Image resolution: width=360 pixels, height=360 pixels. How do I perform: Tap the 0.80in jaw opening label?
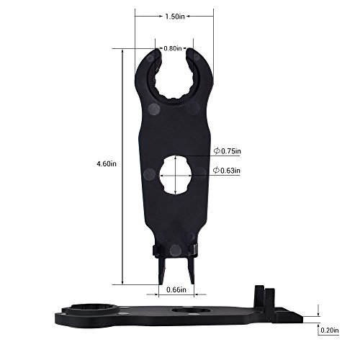click(172, 48)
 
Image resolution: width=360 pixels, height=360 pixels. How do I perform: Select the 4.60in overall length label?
click(107, 164)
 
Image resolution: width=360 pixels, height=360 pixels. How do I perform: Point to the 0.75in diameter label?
click(231, 151)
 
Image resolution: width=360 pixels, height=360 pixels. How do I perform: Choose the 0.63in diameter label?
click(231, 171)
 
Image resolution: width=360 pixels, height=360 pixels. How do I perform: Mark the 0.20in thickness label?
click(331, 332)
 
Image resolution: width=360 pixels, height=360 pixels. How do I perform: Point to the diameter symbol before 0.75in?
click(216, 151)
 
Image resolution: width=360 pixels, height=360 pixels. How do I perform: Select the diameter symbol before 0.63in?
click(216, 171)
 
